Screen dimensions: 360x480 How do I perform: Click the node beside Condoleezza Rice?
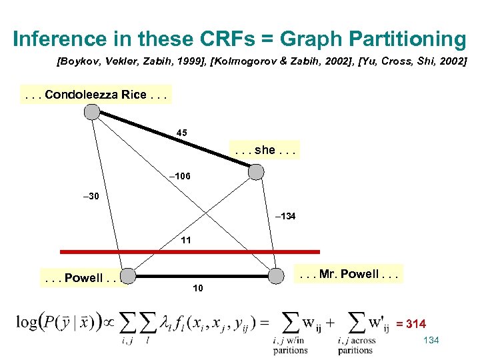tap(92, 112)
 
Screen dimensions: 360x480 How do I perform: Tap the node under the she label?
tap(256, 172)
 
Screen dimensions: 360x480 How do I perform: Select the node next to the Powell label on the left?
tap(129, 276)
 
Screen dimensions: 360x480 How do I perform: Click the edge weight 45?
tap(182, 133)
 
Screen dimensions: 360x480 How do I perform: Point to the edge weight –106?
tap(179, 176)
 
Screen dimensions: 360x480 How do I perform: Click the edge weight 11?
tap(186, 239)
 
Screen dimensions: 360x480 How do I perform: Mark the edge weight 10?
tap(198, 288)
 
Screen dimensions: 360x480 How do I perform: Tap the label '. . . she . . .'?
tap(264, 150)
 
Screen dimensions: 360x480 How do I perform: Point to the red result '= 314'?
tap(411, 324)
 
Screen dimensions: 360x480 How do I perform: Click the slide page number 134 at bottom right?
tap(431, 341)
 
